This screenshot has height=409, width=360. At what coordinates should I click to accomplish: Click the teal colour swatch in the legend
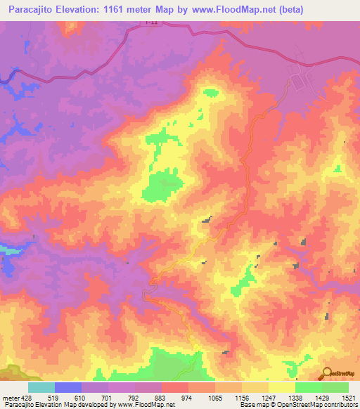click(x=41, y=387)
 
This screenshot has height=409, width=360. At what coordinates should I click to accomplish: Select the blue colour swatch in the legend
click(x=68, y=387)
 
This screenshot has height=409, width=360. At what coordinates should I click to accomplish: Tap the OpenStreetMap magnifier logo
click(x=326, y=373)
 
